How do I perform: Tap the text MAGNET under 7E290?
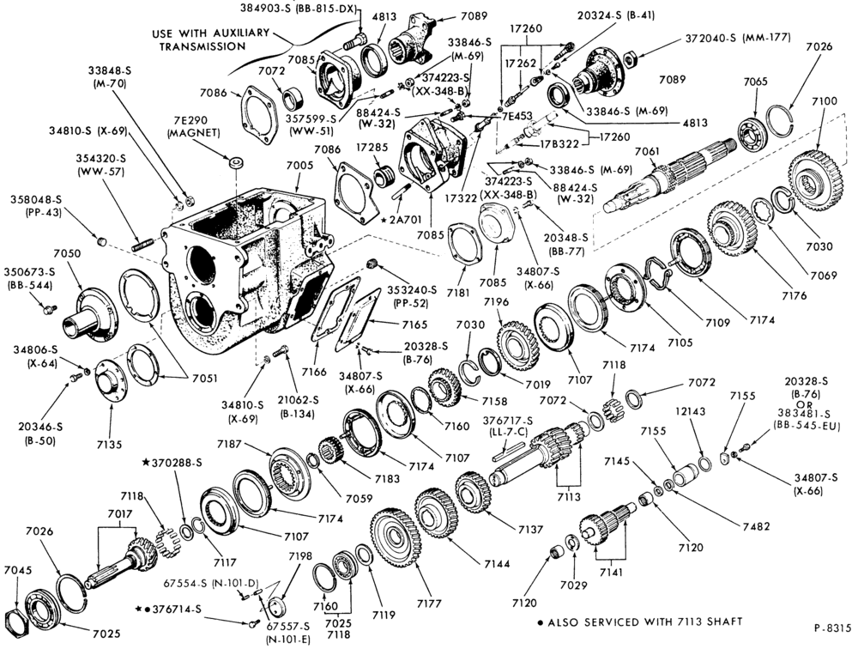pyautogui.click(x=194, y=133)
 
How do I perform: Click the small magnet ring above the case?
pyautogui.click(x=237, y=163)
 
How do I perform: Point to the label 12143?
pyautogui.click(x=690, y=411)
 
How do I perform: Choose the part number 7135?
pyautogui.click(x=110, y=445)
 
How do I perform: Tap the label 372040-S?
pyautogui.click(x=710, y=39)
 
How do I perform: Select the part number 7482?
pyautogui.click(x=756, y=526)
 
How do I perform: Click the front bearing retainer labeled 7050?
pyautogui.click(x=91, y=314)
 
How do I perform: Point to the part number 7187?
pyautogui.click(x=230, y=444)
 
